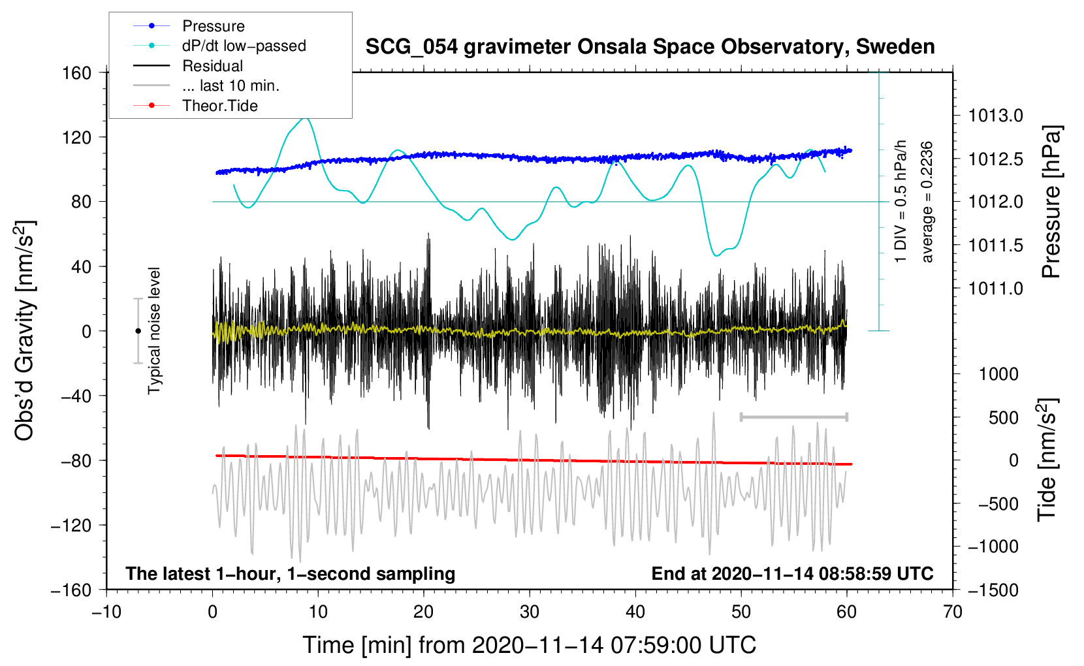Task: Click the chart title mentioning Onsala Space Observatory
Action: click(x=650, y=47)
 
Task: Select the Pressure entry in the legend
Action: click(x=213, y=26)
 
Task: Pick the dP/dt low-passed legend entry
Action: click(x=244, y=46)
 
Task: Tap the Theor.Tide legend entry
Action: click(x=219, y=106)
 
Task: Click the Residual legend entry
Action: click(x=212, y=66)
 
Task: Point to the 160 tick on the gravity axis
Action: click(x=77, y=72)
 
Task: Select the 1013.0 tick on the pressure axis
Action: click(x=995, y=116)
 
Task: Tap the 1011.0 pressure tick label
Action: click(x=995, y=288)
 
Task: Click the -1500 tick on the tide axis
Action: click(x=993, y=590)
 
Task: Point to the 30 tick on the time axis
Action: click(x=530, y=612)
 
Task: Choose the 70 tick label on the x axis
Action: click(x=953, y=612)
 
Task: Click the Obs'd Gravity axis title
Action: click(x=24, y=330)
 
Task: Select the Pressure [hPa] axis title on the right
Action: click(x=1051, y=202)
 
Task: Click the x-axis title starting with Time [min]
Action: click(x=529, y=645)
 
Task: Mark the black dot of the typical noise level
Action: click(x=138, y=331)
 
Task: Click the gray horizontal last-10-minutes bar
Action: click(x=793, y=417)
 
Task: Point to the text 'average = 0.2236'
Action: click(x=927, y=202)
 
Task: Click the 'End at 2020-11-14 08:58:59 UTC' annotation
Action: click(x=792, y=573)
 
